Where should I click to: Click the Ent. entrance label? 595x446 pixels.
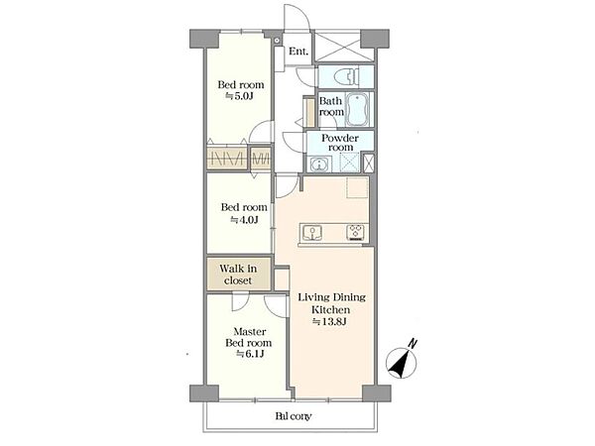[298, 52]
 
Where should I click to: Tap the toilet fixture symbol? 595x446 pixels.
[346, 76]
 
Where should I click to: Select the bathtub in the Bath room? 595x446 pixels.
[357, 109]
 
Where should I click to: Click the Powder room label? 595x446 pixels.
[340, 142]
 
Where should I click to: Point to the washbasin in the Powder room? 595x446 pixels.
[319, 165]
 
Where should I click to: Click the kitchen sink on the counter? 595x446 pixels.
[312, 233]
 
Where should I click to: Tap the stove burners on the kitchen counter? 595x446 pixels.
[356, 232]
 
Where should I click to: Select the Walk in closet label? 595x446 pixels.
[238, 275]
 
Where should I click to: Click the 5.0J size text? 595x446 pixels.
[239, 96]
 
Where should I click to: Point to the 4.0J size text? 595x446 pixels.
[244, 220]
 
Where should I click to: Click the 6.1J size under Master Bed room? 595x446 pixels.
[250, 354]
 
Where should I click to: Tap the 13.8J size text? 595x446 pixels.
[329, 322]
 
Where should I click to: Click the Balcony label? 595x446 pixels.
[293, 416]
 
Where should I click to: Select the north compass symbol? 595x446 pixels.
[401, 364]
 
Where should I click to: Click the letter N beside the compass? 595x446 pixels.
[413, 344]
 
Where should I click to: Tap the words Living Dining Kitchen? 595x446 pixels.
[331, 303]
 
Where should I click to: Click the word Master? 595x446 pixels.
[249, 331]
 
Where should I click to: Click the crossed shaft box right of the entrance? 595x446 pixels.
[338, 47]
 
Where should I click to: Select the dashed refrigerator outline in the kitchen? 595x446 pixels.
[357, 187]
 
